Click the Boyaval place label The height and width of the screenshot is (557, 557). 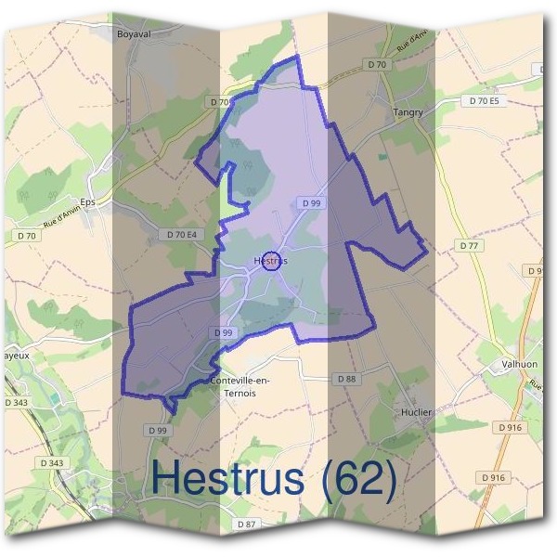tap(134, 34)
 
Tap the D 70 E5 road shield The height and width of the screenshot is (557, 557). tap(484, 100)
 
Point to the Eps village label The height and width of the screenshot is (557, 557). tap(88, 201)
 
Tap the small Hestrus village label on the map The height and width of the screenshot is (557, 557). tap(270, 262)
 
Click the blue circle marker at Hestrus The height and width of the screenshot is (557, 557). tap(271, 262)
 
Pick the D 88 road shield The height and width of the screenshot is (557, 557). tap(345, 379)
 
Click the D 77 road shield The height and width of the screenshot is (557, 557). tap(469, 246)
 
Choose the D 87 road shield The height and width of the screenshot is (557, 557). tap(246, 525)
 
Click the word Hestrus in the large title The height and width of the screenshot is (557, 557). tap(227, 478)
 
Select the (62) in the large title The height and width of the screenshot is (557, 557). tap(355, 478)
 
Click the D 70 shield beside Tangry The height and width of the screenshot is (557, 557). tap(376, 64)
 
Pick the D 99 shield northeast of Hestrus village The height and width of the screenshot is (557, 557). tap(311, 202)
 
